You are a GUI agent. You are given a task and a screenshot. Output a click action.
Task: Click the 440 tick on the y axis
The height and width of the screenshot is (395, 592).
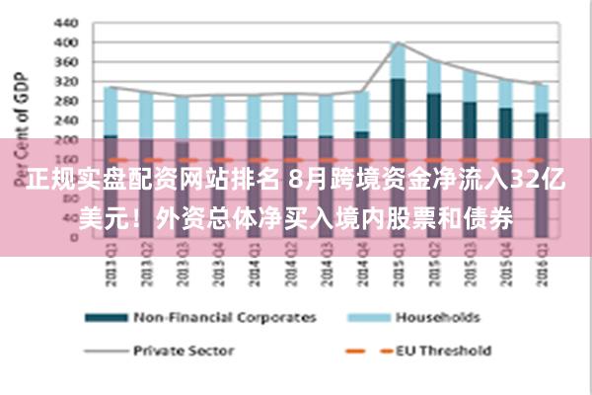pos(65,22)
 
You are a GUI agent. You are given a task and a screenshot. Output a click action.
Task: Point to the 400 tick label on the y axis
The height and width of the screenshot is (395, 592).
pos(65,42)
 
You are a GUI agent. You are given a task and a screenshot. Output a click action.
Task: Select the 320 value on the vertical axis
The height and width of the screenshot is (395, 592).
pos(65,83)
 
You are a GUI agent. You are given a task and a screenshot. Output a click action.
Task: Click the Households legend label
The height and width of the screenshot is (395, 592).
pos(437,318)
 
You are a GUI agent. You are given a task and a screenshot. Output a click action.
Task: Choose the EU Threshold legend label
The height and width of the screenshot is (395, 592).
pos(443,350)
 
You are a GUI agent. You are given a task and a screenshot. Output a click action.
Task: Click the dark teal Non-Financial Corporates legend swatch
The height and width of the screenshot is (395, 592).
pos(107,318)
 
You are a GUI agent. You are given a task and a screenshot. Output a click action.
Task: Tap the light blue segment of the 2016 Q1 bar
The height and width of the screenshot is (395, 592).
pos(541,98)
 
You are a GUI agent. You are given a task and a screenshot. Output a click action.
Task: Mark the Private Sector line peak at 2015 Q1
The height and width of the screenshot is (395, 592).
pos(397,42)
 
